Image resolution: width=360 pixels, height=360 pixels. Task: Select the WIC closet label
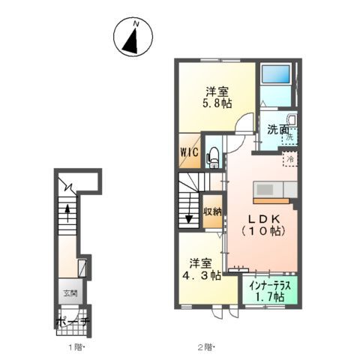(188, 152)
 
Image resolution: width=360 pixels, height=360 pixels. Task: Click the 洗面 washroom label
(278, 130)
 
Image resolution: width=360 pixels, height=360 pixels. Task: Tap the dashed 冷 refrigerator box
(289, 158)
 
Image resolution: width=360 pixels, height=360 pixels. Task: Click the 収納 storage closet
(212, 211)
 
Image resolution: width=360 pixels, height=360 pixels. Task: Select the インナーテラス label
(268, 286)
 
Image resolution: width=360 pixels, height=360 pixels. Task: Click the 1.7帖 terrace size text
(268, 298)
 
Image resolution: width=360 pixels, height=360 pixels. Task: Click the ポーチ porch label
(72, 321)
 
